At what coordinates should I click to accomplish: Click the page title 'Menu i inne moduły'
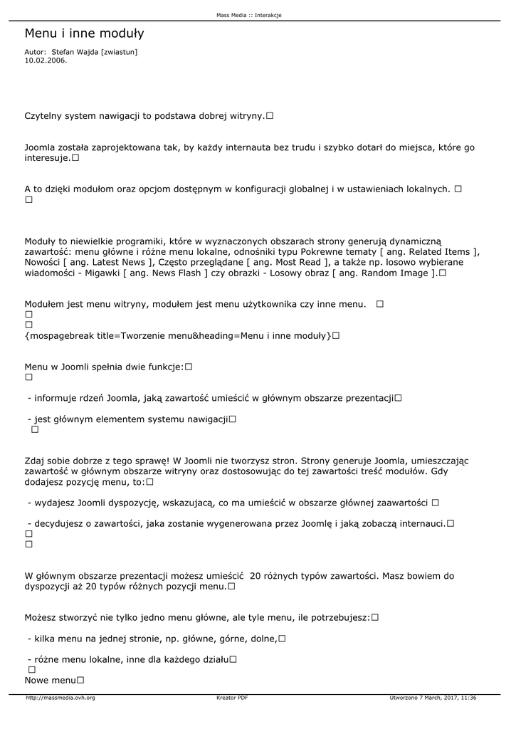tap(84, 33)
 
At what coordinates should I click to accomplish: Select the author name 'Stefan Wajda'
tap(75, 52)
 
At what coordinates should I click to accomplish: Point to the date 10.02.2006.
tap(46, 61)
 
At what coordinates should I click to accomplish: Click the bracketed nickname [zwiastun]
tap(120, 52)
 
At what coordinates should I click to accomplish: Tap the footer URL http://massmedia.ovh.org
tap(60, 698)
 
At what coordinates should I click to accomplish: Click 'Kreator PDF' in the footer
tap(232, 698)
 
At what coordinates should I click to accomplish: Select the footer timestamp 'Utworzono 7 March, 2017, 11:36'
tap(433, 698)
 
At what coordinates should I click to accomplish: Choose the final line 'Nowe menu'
tap(50, 681)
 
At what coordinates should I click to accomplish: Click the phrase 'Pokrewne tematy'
tap(337, 252)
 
